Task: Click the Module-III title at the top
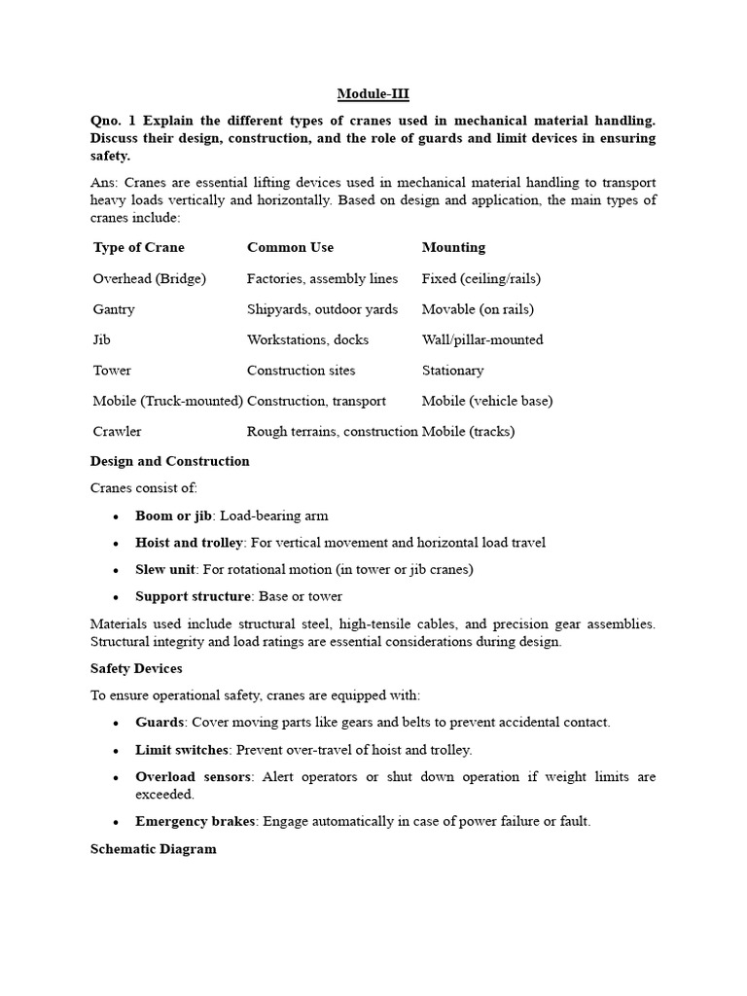tap(373, 93)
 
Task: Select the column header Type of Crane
tap(138, 247)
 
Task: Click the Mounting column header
tap(453, 247)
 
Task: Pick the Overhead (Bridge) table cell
tap(149, 278)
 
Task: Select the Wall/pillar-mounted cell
tap(482, 339)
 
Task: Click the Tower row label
tap(112, 371)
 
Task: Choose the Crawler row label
tap(117, 431)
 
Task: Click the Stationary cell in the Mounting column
tap(452, 371)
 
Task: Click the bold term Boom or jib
tap(173, 516)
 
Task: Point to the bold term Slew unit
tap(165, 569)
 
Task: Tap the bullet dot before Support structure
tap(116, 596)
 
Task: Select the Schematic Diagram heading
tap(153, 848)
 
